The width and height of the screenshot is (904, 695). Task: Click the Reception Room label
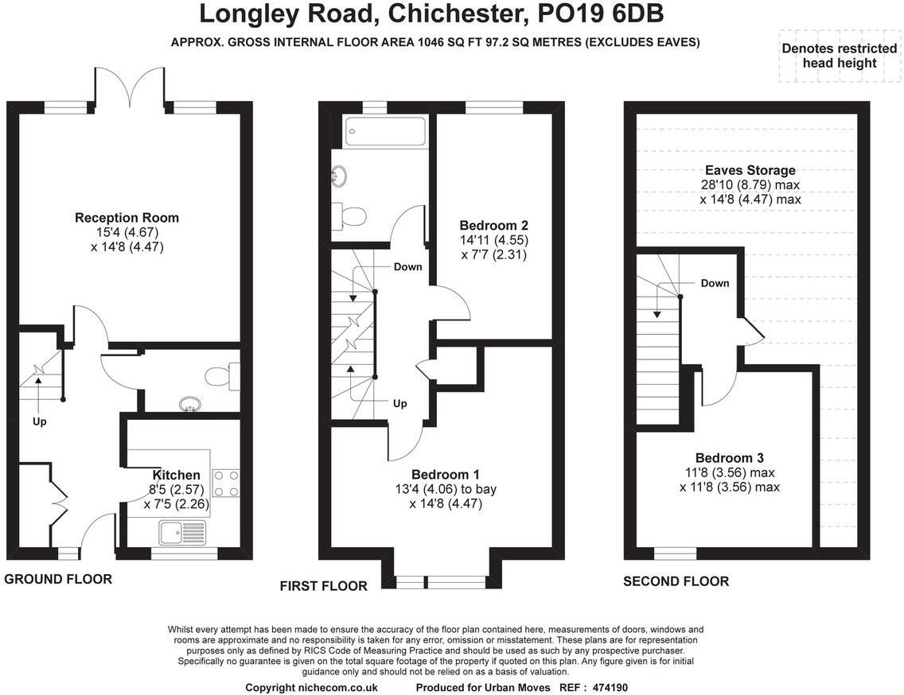click(x=127, y=218)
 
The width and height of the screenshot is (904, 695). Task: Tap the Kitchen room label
click(x=177, y=475)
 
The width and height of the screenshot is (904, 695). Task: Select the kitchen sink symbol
click(x=183, y=533)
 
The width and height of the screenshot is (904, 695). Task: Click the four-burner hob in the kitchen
click(x=226, y=483)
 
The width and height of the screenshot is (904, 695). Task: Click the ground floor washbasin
click(x=189, y=405)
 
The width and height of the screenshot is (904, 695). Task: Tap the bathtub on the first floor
click(x=384, y=133)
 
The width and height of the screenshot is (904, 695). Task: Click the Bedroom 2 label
click(x=493, y=225)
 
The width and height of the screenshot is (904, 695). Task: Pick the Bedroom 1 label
click(x=445, y=474)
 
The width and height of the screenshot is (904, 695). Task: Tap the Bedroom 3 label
click(x=729, y=458)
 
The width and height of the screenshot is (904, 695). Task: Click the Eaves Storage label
click(x=750, y=170)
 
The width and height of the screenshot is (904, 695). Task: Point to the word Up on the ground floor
click(x=39, y=421)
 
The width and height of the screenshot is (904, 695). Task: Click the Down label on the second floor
click(x=715, y=283)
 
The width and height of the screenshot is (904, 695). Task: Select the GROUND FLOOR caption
click(x=58, y=579)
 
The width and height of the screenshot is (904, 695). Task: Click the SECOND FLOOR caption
click(x=676, y=581)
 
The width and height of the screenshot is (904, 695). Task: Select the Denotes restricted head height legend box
click(x=840, y=56)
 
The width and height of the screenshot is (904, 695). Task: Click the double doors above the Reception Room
click(x=131, y=87)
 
